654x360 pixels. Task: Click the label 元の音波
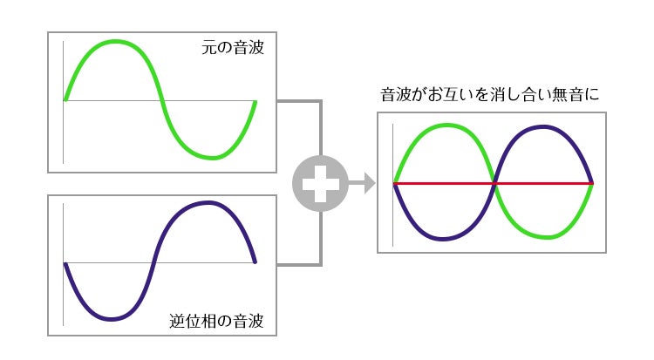[232, 49]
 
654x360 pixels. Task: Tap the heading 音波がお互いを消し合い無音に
[490, 94]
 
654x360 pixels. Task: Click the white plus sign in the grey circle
[320, 183]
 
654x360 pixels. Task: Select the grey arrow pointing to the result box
[364, 183]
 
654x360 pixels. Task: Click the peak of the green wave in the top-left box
[112, 42]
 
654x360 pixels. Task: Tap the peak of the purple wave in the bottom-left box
[208, 203]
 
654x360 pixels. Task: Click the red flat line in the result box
[541, 183]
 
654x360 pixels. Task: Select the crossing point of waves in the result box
[494, 183]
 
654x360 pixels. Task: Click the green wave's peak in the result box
[445, 126]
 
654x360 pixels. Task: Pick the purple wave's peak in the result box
[544, 126]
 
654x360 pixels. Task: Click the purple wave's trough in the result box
[445, 239]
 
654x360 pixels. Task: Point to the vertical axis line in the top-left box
[64, 131]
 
